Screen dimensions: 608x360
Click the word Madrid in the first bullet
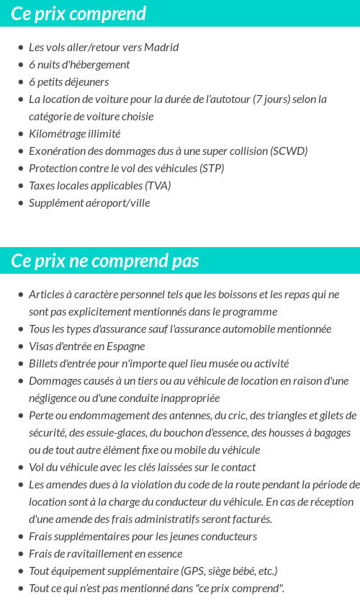[161, 48]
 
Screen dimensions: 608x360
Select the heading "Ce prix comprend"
[78, 14]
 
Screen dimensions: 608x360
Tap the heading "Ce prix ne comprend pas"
[105, 261]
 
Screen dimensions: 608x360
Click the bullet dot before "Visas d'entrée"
[20, 347]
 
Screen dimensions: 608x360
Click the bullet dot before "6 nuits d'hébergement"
[20, 65]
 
